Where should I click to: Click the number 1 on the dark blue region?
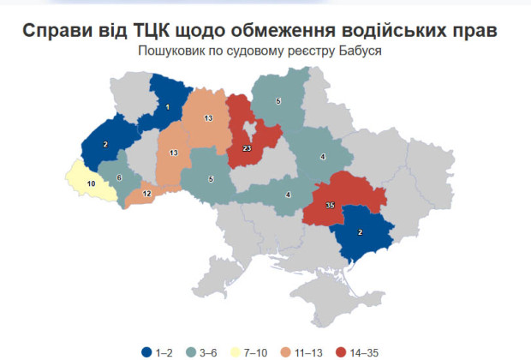[x=168, y=107]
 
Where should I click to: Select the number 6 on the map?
[x=118, y=177]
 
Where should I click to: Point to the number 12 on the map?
[x=146, y=195]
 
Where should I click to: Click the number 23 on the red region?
[x=247, y=149]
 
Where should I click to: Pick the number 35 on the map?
[x=331, y=207]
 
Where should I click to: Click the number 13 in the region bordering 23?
[x=208, y=117]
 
